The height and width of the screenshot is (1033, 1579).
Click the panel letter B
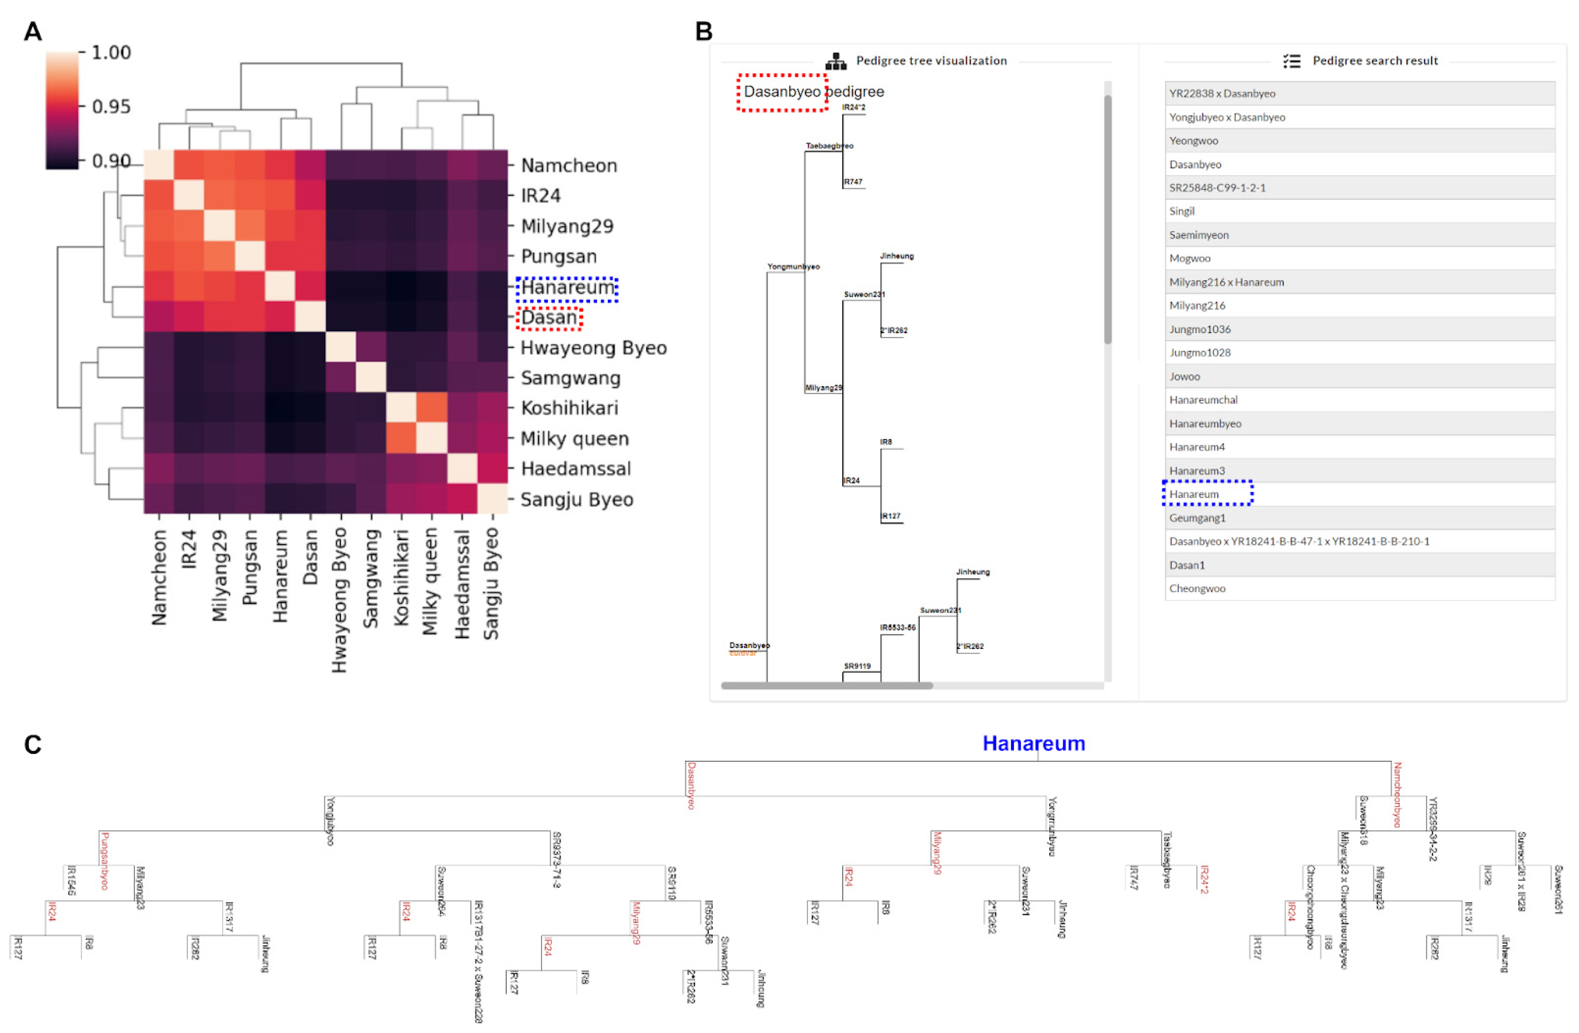click(x=703, y=31)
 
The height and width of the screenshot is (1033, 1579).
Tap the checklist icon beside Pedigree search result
click(x=1291, y=61)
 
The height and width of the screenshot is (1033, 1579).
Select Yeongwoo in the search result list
click(x=1194, y=141)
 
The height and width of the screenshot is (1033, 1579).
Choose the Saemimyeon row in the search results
click(x=1199, y=235)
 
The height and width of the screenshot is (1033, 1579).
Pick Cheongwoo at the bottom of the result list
click(x=1197, y=588)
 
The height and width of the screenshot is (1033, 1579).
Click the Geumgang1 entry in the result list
click(x=1197, y=518)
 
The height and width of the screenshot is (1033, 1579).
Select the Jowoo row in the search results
click(x=1184, y=376)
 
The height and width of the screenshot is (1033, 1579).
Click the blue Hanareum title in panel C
click(x=1033, y=743)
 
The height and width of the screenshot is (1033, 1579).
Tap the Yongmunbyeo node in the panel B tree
click(x=793, y=267)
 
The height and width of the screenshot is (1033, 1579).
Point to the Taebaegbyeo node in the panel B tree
click(x=829, y=146)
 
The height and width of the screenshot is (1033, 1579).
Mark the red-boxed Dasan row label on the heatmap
click(x=549, y=318)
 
